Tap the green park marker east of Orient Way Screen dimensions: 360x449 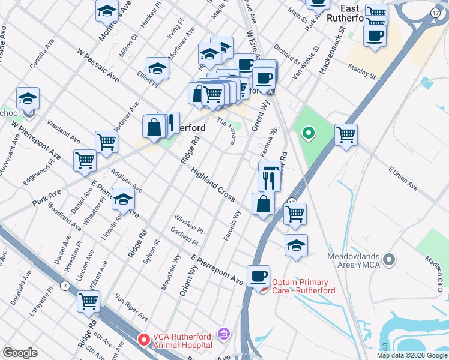click(309, 133)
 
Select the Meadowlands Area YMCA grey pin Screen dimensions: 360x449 click(389, 260)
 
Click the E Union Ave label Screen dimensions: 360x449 click(403, 178)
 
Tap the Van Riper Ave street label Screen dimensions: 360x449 click(131, 307)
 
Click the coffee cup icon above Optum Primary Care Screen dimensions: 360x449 click(258, 276)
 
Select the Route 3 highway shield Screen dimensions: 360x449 click(64, 286)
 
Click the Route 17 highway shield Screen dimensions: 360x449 click(435, 12)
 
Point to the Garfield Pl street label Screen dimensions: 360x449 click(184, 238)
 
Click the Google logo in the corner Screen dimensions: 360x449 click(20, 353)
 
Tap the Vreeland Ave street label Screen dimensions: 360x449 click(63, 132)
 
